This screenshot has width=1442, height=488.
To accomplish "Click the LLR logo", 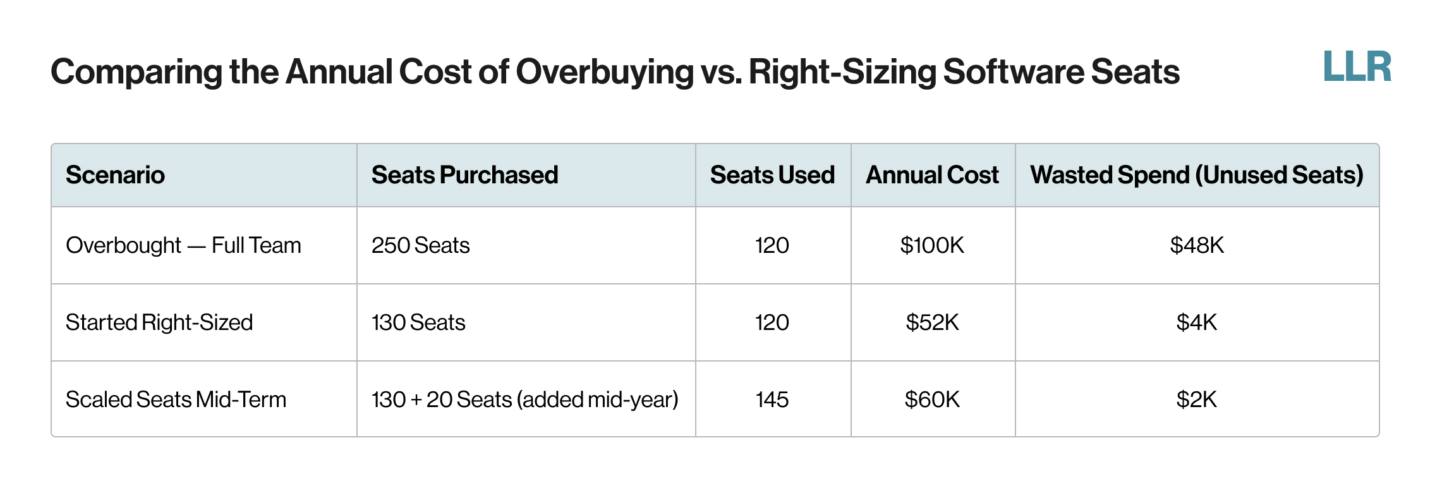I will coord(1357,67).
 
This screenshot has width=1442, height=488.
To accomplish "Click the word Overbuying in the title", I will coord(605,72).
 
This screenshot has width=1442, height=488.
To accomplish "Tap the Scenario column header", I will coord(115,175).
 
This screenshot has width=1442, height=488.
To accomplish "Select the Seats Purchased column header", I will coord(464,175).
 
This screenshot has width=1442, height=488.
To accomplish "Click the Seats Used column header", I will coord(772,175).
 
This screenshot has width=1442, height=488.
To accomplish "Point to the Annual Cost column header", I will coord(932,175).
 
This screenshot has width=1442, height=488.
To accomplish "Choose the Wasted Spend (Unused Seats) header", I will coord(1196,175).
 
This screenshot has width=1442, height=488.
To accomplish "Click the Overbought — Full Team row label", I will coord(183,245).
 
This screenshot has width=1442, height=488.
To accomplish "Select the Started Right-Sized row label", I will coord(159,322).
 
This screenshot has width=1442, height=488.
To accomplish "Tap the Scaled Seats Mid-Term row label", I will coord(176,400).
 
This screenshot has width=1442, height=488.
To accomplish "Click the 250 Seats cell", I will coord(420,245).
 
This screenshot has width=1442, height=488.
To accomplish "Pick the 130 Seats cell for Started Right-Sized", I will coord(418,322).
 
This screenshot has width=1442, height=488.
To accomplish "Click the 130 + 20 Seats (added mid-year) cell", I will coord(524,400).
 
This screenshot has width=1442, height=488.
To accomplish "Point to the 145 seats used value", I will coord(772,400).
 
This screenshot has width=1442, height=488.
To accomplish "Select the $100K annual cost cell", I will coord(932,245).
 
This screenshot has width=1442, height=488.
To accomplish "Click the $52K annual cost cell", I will coord(932,322).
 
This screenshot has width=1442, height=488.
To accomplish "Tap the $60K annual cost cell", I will coord(932,400).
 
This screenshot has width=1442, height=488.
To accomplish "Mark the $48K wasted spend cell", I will coord(1196,245).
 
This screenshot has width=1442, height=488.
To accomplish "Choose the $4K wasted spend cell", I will coord(1196,322).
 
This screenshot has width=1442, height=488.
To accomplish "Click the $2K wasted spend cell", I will coord(1196,400).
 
